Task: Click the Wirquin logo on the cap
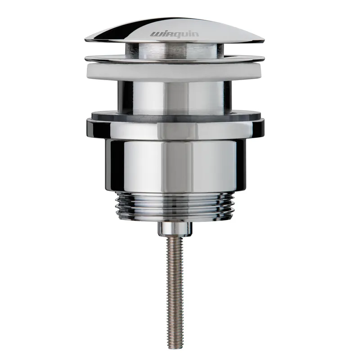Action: pos(175,34)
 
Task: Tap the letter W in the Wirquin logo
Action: pos(155,35)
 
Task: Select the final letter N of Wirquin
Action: pos(196,34)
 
